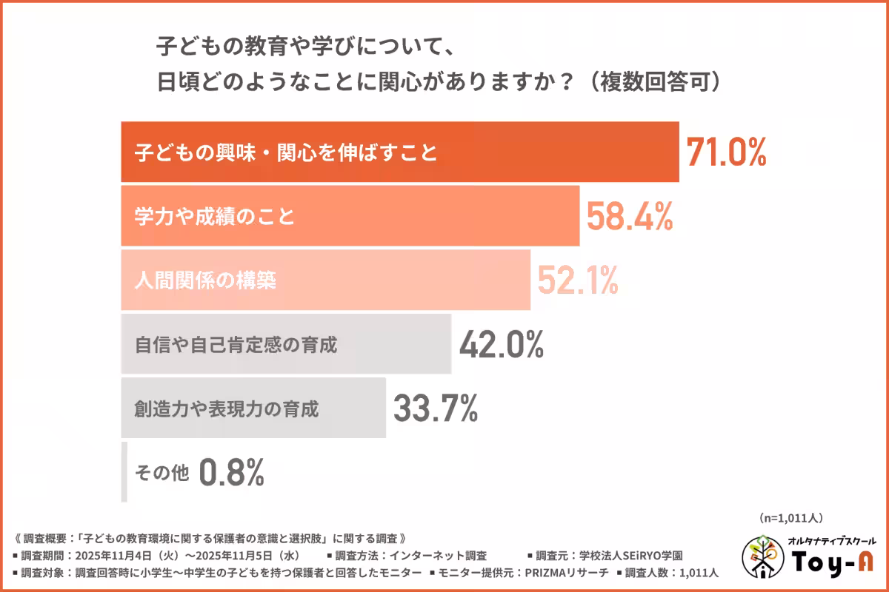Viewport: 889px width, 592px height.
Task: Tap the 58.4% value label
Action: click(630, 216)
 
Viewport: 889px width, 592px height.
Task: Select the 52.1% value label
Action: click(578, 280)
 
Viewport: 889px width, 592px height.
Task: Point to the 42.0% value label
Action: click(502, 344)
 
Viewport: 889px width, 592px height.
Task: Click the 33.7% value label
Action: click(435, 408)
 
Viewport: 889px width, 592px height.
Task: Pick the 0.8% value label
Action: click(232, 472)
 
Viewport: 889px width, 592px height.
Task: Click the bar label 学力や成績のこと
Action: click(215, 217)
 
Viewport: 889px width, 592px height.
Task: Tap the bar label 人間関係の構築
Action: click(207, 280)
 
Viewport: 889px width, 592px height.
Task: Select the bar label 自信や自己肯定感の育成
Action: click(236, 345)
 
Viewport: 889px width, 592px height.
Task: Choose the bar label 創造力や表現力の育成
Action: click(227, 408)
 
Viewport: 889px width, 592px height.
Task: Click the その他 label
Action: click(162, 471)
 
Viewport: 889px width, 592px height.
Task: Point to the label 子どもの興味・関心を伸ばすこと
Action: click(286, 153)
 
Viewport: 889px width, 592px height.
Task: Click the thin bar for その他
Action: click(124, 472)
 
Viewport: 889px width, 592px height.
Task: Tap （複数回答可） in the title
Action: click(653, 82)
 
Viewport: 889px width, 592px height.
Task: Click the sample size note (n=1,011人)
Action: click(790, 517)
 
